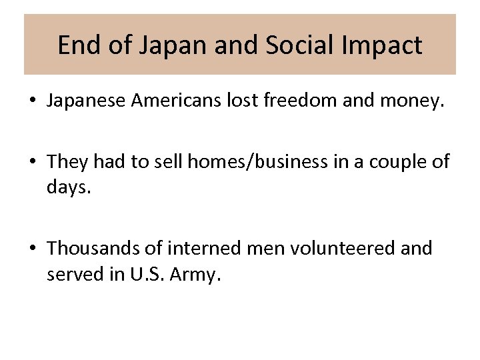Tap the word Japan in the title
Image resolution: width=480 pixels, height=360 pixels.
(x=158, y=45)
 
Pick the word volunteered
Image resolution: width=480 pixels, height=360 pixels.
(x=342, y=248)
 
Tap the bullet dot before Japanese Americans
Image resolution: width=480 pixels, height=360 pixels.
(x=32, y=101)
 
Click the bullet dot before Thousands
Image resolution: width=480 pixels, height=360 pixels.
(x=32, y=249)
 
